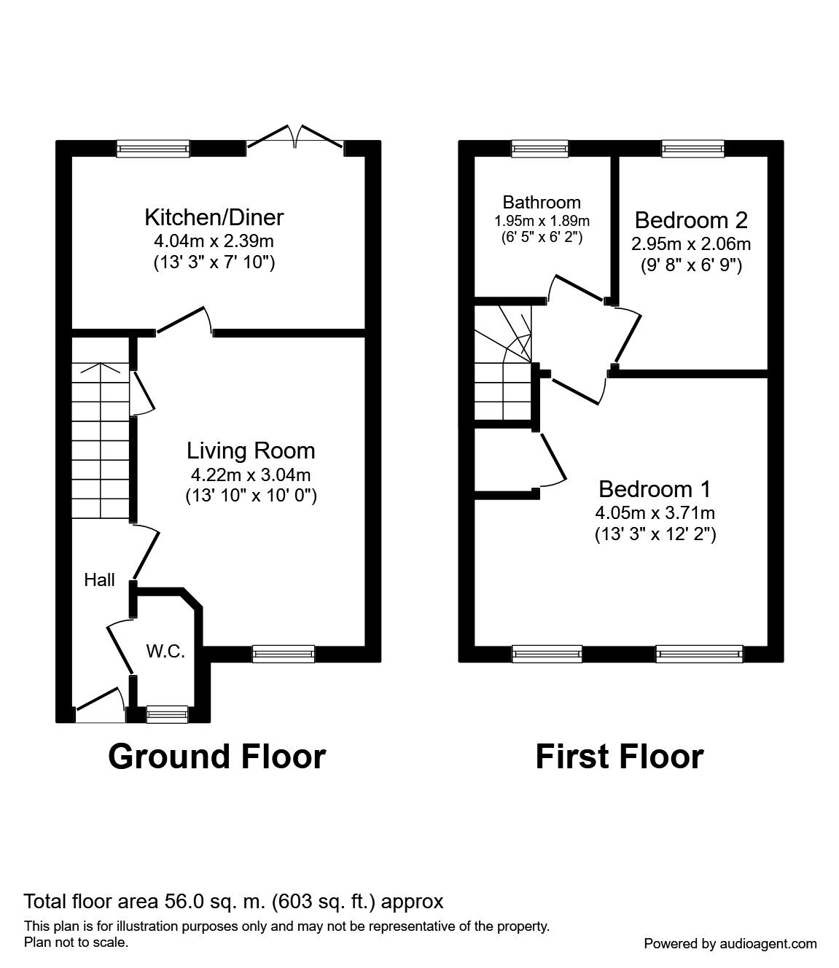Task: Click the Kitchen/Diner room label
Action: tap(214, 217)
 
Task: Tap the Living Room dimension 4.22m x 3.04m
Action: tap(251, 475)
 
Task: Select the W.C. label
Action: tap(166, 651)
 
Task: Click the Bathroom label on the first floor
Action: tap(542, 203)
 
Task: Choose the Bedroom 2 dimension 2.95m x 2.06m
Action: tap(691, 244)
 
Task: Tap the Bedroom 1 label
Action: tap(655, 489)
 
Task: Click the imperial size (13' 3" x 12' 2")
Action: tap(655, 534)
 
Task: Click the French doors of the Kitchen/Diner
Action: tap(295, 136)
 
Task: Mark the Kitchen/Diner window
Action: tap(153, 149)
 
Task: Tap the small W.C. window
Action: tap(167, 714)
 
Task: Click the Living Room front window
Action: tap(284, 654)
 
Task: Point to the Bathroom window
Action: tap(539, 149)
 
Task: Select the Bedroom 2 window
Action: tap(692, 149)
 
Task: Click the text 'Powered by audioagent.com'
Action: tap(730, 944)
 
